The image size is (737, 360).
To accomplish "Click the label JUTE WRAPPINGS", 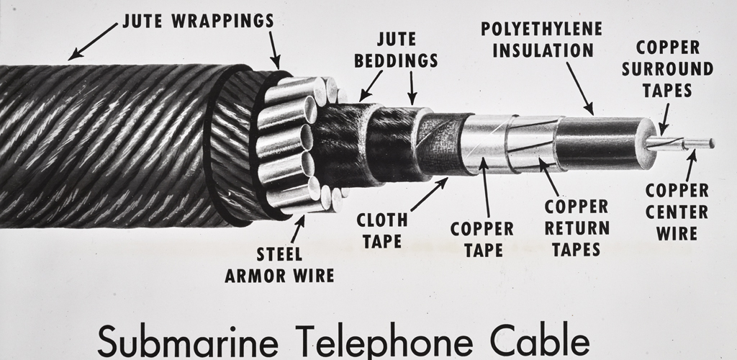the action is pyautogui.click(x=198, y=21).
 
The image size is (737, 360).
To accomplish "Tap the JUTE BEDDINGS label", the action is pyautogui.click(x=397, y=50).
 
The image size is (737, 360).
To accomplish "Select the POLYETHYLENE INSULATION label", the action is pyautogui.click(x=541, y=40).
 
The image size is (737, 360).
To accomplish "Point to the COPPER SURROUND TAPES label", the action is pyautogui.click(x=667, y=68).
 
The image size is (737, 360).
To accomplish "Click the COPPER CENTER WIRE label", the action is pyautogui.click(x=677, y=212).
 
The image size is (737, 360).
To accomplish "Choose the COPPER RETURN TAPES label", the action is pyautogui.click(x=577, y=228).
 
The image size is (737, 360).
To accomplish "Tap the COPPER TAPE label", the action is pyautogui.click(x=481, y=239).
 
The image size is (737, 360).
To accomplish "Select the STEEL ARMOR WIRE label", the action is pyautogui.click(x=279, y=265).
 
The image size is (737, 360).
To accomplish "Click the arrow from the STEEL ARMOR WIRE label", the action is pyautogui.click(x=297, y=230).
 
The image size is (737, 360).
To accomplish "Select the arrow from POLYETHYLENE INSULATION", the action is pyautogui.click(x=580, y=89).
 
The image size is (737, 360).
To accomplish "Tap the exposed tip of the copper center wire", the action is pyautogui.click(x=712, y=143).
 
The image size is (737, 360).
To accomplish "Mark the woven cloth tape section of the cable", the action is pyautogui.click(x=442, y=144).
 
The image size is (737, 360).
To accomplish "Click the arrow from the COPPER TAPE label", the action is pyautogui.click(x=485, y=189).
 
